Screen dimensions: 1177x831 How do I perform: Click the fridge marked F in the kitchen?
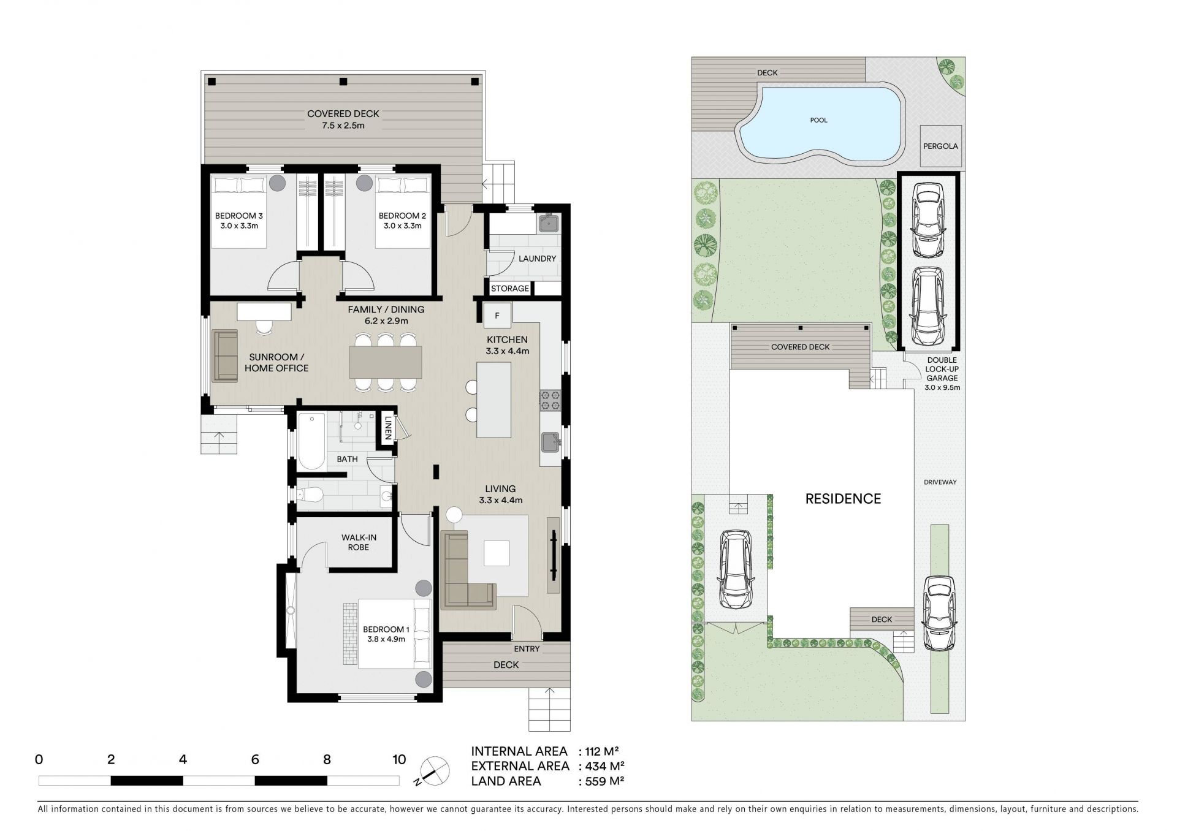click(x=497, y=316)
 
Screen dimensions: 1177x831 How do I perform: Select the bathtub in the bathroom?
click(x=311, y=441)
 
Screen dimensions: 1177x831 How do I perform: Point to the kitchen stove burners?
click(x=549, y=400)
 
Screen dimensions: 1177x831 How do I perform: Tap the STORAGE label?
click(x=510, y=289)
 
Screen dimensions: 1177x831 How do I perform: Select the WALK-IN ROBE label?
click(x=359, y=542)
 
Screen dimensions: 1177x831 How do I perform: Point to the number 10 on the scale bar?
click(x=399, y=760)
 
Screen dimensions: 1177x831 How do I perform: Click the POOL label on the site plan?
click(x=819, y=120)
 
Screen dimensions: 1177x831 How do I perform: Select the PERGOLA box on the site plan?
click(x=941, y=146)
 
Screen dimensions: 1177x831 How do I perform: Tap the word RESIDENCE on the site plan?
click(x=843, y=499)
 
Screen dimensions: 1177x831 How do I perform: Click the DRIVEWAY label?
click(x=940, y=482)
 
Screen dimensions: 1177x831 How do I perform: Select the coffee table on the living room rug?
click(x=497, y=553)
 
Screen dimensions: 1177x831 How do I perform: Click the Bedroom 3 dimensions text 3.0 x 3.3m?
click(x=239, y=226)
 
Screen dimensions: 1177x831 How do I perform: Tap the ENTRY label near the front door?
click(x=527, y=649)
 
